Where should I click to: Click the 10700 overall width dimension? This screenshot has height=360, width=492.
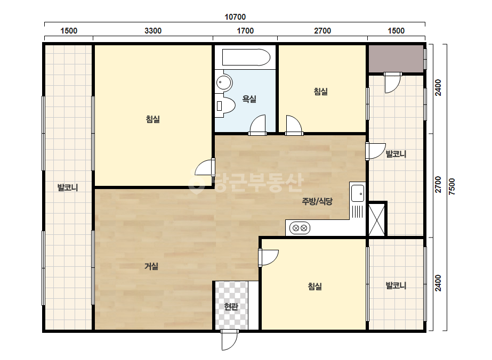[235, 17]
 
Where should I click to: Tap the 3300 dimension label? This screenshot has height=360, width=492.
[153, 31]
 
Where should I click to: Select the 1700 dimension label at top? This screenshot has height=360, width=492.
[245, 31]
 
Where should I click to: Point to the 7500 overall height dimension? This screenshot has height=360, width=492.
[451, 186]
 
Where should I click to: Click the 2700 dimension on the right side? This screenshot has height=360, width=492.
[438, 185]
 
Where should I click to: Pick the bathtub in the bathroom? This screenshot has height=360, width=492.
[246, 57]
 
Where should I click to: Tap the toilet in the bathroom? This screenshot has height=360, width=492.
[225, 105]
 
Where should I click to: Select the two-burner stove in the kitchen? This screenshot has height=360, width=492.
[300, 228]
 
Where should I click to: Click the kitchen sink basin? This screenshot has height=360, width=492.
[357, 193]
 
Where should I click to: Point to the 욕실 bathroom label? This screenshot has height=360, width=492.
[249, 99]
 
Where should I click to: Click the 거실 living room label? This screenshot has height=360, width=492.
[151, 266]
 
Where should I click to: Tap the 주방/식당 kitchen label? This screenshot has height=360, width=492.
[317, 201]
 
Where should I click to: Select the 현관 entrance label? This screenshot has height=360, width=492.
[231, 306]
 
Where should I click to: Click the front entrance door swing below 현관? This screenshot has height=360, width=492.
[229, 340]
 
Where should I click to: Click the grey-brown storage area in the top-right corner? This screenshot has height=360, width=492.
[396, 59]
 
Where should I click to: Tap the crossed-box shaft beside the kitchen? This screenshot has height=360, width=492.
[376, 219]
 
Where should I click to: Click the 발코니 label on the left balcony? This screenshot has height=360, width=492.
[68, 187]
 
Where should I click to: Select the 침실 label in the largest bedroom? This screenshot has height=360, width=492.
[153, 119]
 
